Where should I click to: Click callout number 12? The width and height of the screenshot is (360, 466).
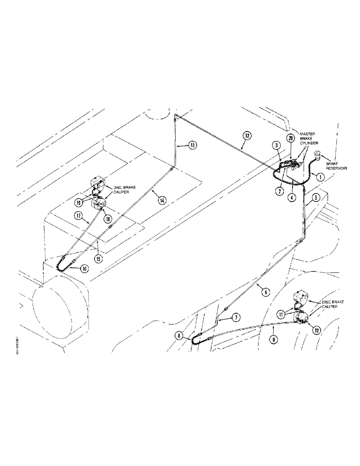click(x=247, y=136)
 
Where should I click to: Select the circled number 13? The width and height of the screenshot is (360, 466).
click(x=192, y=145)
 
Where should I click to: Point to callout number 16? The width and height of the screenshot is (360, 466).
click(x=84, y=269)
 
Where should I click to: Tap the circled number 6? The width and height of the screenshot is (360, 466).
click(x=265, y=292)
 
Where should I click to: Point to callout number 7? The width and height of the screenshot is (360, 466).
click(x=236, y=317)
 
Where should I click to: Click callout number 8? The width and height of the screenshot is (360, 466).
click(x=180, y=334)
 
